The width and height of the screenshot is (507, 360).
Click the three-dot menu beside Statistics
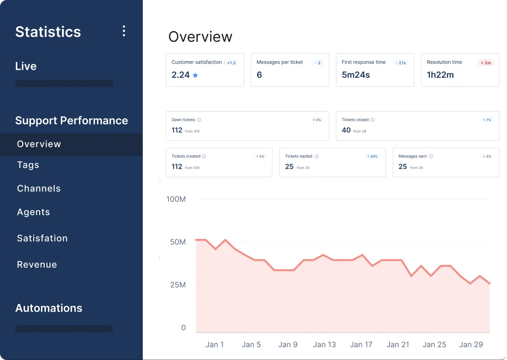coord(124,31)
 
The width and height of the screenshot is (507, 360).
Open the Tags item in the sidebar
coord(28,165)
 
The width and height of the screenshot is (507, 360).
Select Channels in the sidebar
coord(39,188)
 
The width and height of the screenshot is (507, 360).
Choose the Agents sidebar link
coord(34,212)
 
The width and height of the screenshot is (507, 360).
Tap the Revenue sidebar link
coord(37,264)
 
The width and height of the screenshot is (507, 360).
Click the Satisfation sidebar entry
coord(42,238)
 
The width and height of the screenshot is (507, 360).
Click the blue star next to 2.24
coord(195,75)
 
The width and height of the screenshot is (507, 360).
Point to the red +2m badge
coord(486,63)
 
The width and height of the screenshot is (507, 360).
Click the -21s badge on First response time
coord(401,63)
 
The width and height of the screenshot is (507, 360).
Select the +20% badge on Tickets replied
coord(372,156)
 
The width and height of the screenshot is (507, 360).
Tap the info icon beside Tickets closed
coord(372,120)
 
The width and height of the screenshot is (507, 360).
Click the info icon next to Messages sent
coord(431,156)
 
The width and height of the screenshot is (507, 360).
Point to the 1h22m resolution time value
coord(440,75)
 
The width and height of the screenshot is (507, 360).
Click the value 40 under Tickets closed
coord(346,130)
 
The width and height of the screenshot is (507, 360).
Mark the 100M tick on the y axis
coord(176,199)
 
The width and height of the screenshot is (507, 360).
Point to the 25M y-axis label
coord(178,285)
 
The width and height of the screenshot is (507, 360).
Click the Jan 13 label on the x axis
coord(324,345)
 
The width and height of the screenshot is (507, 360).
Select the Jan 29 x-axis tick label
coord(471,345)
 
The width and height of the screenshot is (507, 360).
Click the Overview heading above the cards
coord(200,37)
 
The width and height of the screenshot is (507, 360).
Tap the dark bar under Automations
coord(64,329)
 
